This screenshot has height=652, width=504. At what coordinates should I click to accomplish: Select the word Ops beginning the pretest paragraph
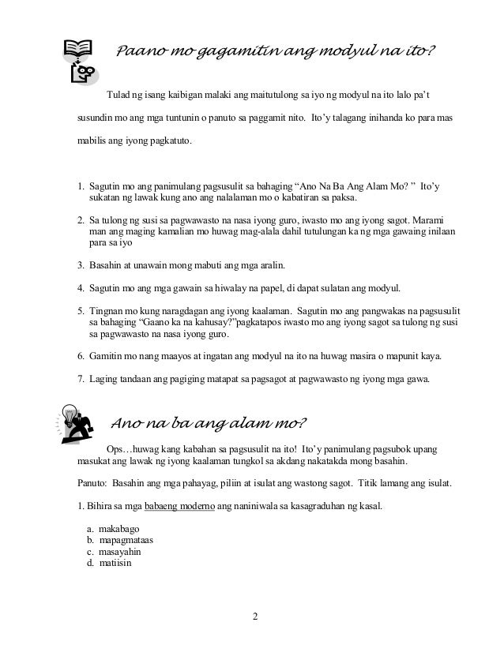(115, 448)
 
